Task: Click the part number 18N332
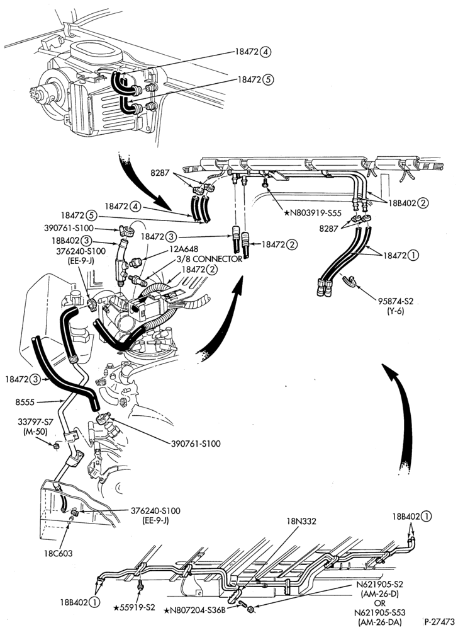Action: pyautogui.click(x=301, y=522)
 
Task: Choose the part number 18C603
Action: pyautogui.click(x=58, y=553)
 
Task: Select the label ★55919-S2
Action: pyautogui.click(x=131, y=607)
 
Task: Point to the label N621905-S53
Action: pyautogui.click(x=379, y=613)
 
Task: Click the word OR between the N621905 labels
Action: pyautogui.click(x=380, y=603)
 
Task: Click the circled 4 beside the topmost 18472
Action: pyautogui.click(x=265, y=52)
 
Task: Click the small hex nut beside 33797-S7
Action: pyautogui.click(x=57, y=445)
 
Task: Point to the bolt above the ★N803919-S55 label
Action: pyautogui.click(x=265, y=184)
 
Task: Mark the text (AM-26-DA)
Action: pyautogui.click(x=379, y=622)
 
